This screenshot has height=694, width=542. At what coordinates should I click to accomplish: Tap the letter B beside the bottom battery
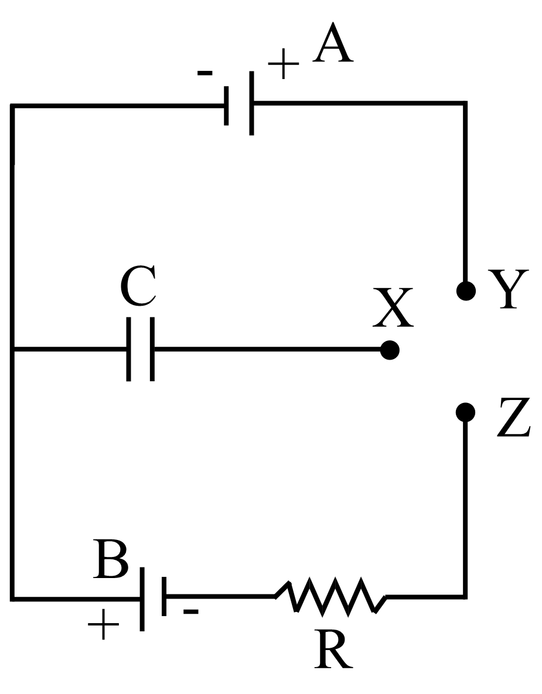pyautogui.click(x=111, y=560)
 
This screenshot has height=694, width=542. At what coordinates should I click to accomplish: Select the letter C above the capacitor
pyautogui.click(x=138, y=288)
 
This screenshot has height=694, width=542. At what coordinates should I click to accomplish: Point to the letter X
pyautogui.click(x=393, y=308)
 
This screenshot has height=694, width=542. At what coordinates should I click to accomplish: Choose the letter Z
pyautogui.click(x=513, y=418)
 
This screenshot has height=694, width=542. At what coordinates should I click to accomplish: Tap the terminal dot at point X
pyautogui.click(x=390, y=350)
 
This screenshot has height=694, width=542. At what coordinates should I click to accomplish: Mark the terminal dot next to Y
pyautogui.click(x=466, y=290)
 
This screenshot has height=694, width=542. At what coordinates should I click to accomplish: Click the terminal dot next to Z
pyautogui.click(x=465, y=412)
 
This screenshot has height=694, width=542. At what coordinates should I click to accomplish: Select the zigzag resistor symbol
pyautogui.click(x=330, y=596)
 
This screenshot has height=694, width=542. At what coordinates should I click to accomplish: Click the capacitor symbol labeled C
pyautogui.click(x=141, y=350)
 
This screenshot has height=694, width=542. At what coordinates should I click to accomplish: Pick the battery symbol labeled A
pyautogui.click(x=239, y=104)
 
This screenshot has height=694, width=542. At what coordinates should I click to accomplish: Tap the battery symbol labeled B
pyautogui.click(x=154, y=597)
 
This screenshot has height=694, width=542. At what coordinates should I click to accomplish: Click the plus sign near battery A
pyautogui.click(x=283, y=64)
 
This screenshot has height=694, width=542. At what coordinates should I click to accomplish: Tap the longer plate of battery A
pyautogui.click(x=251, y=104)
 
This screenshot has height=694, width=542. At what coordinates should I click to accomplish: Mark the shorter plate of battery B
pyautogui.click(x=165, y=596)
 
